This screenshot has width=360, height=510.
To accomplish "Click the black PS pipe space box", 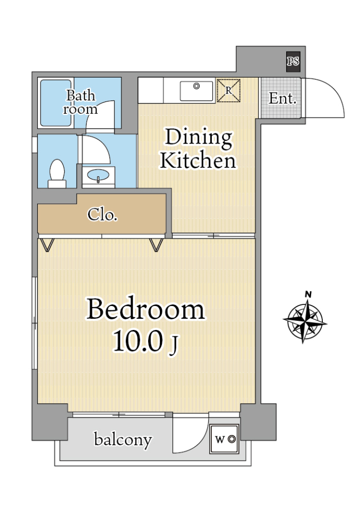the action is tap(293, 62).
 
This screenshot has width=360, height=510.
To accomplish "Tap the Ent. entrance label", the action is tap(282, 98).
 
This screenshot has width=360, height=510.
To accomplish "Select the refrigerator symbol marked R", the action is tap(229, 90).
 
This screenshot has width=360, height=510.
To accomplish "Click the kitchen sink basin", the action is tap(196, 91).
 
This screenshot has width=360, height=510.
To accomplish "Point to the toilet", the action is tap(57, 174).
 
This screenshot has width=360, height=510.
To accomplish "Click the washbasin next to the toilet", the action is tap(98, 176).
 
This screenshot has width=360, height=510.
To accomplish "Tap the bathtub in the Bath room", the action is tap(56, 103).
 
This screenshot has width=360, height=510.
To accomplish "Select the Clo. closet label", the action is tap(102, 215).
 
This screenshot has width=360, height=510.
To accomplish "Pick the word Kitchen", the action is tap(198, 160).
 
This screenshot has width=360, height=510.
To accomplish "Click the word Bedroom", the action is tap(145, 309).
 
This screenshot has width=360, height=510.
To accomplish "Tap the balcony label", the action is tap(123, 440).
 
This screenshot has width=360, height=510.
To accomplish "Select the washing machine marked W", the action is tap(225, 439).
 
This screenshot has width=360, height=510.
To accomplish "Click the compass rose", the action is tap(305, 320).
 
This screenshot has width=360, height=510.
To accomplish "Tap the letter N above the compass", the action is tap(308, 295).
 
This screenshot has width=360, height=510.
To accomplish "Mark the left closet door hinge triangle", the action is tap(47, 245).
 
